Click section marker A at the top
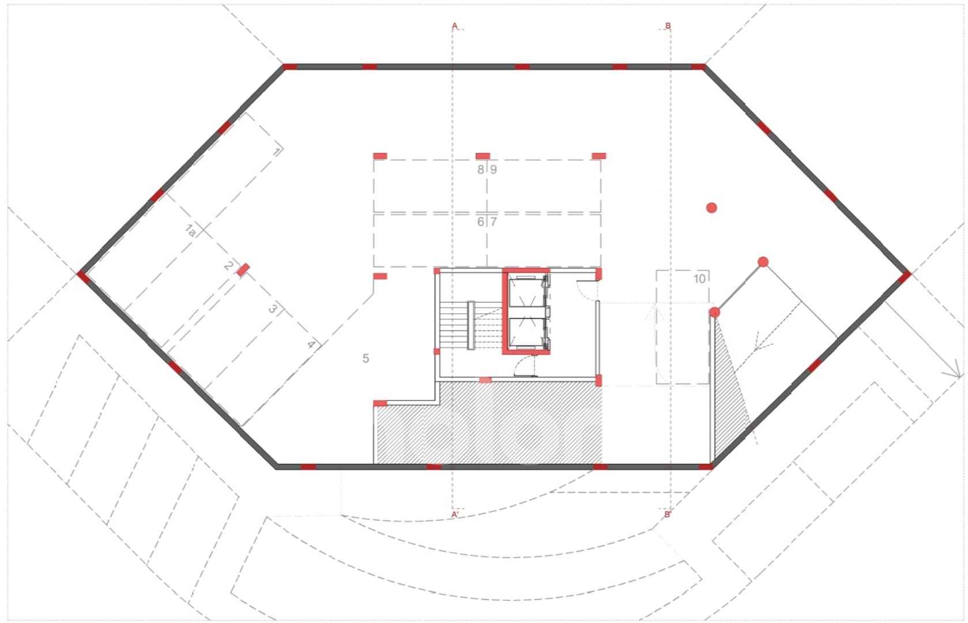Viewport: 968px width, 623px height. click(x=454, y=26)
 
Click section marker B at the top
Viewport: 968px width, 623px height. click(x=668, y=26)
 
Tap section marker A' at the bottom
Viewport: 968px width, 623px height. click(x=455, y=515)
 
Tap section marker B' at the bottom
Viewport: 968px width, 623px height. click(x=668, y=515)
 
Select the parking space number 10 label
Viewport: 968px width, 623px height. click(x=700, y=279)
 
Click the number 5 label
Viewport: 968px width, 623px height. click(x=366, y=358)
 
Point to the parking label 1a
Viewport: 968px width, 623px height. click(x=190, y=230)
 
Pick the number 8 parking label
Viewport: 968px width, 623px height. click(x=481, y=170)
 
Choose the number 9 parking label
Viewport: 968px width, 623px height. click(x=493, y=170)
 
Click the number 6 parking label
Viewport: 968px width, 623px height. click(x=481, y=222)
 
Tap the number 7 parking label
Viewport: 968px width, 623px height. click(x=493, y=222)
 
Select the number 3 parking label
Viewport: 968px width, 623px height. click(x=273, y=309)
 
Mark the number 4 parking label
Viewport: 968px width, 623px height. click(x=311, y=344)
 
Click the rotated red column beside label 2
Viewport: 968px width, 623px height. click(x=243, y=270)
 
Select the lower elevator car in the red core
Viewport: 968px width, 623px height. click(x=526, y=332)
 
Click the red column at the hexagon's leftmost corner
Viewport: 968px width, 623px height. click(x=84, y=276)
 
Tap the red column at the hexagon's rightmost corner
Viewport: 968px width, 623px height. click(x=905, y=277)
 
